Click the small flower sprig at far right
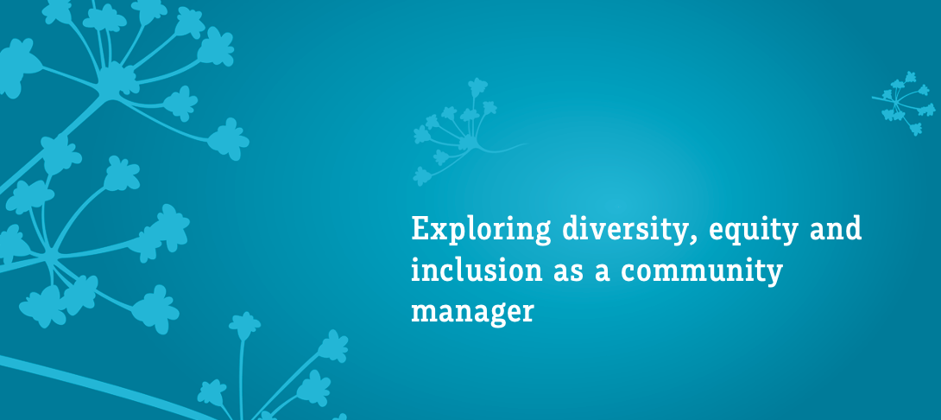click(901, 103)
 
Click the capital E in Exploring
click(420, 230)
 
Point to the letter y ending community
click(774, 276)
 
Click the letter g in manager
click(489, 315)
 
